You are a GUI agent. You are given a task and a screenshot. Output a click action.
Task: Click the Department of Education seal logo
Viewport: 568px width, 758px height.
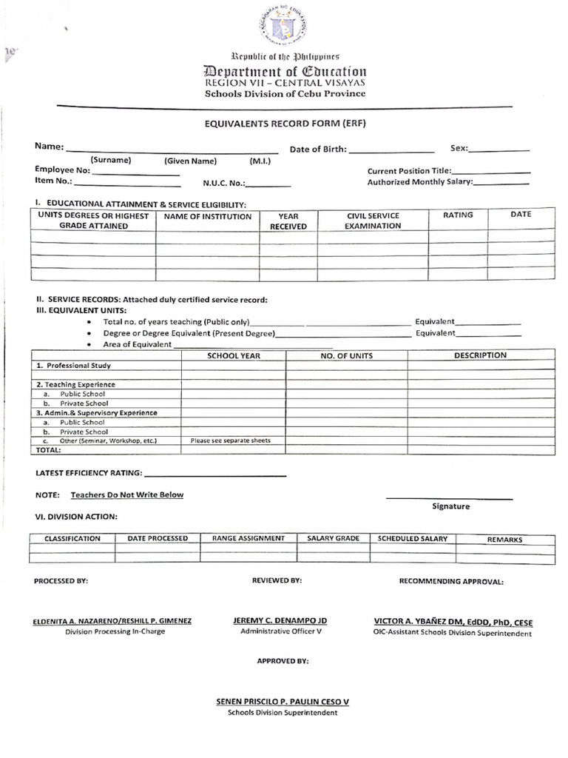(x=284, y=27)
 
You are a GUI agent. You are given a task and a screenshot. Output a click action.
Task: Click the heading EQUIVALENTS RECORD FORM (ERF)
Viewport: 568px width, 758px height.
(x=285, y=124)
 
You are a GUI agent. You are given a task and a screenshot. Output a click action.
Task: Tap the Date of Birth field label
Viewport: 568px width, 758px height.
(x=317, y=150)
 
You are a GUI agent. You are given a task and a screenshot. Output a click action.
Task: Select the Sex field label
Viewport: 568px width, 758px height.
(x=459, y=149)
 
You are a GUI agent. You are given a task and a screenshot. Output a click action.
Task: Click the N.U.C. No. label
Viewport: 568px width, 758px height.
(x=223, y=183)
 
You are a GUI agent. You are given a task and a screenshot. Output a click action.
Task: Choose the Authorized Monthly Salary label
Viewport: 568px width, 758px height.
(x=419, y=182)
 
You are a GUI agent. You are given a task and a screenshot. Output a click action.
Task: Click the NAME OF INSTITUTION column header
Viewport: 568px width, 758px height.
(x=207, y=217)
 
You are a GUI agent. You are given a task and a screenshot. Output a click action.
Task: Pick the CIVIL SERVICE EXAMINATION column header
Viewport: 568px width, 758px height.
(x=373, y=221)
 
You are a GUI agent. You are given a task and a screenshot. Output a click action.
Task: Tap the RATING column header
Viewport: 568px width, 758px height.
(x=458, y=215)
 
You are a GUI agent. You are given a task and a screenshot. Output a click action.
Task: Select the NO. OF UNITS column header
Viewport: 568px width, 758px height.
(x=346, y=356)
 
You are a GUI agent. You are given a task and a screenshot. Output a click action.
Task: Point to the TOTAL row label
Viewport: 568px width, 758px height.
(x=49, y=449)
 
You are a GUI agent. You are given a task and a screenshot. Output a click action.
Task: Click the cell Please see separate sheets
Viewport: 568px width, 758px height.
(x=231, y=440)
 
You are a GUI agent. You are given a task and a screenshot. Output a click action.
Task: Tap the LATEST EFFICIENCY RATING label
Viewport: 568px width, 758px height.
(x=89, y=473)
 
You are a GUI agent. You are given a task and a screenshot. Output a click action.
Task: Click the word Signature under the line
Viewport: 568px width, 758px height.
(x=450, y=506)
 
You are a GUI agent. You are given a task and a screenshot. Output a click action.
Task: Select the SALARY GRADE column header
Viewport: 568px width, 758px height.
(x=333, y=538)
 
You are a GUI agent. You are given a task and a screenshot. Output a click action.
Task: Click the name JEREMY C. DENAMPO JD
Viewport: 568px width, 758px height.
(x=280, y=620)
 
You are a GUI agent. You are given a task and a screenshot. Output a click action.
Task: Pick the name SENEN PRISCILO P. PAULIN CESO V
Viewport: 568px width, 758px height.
(x=282, y=701)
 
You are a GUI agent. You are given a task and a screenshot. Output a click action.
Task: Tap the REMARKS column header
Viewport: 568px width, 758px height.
(x=504, y=540)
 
